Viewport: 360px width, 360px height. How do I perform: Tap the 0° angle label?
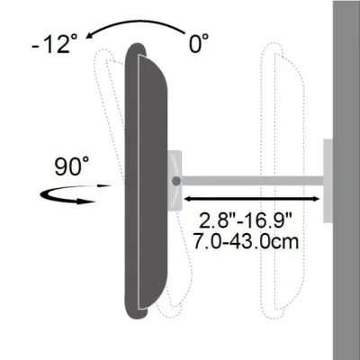[199, 41]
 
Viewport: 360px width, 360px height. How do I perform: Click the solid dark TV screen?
[146, 180]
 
